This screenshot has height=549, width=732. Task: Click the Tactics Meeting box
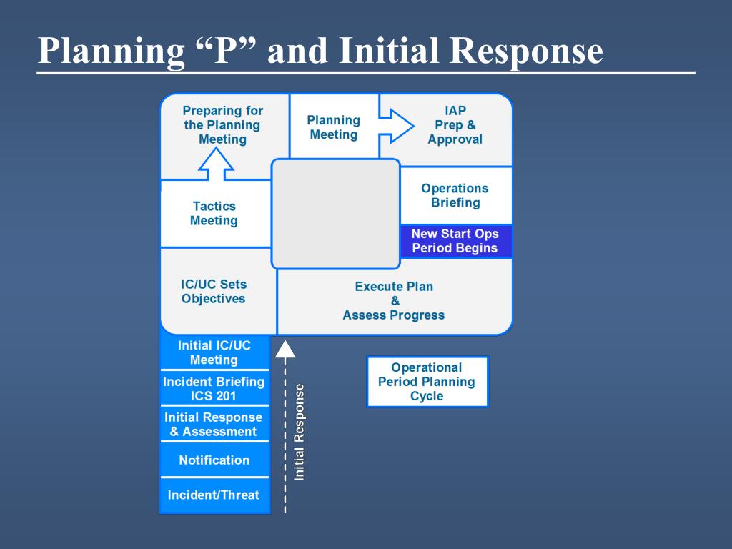[x=214, y=214]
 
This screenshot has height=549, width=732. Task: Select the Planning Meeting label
[x=334, y=127]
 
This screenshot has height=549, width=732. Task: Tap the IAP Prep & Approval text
[x=455, y=125]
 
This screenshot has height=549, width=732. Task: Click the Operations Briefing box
[x=455, y=195]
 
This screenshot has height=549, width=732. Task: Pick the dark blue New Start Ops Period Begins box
[x=455, y=241]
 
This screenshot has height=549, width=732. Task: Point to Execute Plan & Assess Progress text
[x=394, y=300]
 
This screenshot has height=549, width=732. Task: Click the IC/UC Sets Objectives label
[x=214, y=291]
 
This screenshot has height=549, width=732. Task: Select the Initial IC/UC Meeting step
[x=214, y=352]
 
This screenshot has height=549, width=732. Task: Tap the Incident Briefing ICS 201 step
[x=214, y=388]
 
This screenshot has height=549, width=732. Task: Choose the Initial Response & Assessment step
[x=214, y=424]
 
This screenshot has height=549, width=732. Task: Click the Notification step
[x=214, y=460]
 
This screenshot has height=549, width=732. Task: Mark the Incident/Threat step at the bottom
[x=214, y=495]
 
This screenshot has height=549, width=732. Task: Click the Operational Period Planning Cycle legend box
[x=427, y=382]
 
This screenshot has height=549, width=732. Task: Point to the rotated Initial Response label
[x=300, y=432]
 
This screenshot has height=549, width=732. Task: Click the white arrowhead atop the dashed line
[x=285, y=349]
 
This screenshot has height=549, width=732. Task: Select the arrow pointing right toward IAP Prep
[x=397, y=127]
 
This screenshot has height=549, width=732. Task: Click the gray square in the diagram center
[x=336, y=213]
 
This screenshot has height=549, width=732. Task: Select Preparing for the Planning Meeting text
[x=222, y=125]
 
